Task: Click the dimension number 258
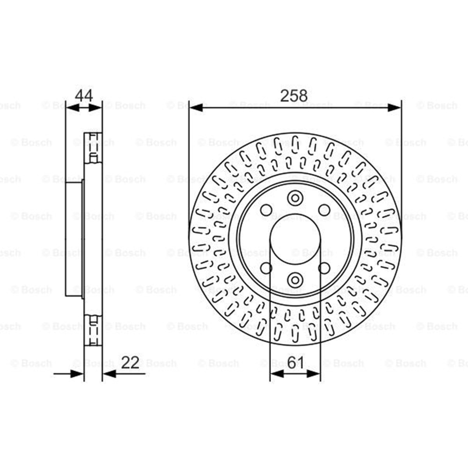click(294, 96)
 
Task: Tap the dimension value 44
click(84, 95)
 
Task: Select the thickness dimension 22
click(131, 363)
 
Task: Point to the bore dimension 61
click(295, 363)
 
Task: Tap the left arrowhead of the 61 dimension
click(277, 373)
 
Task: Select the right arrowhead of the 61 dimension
click(314, 373)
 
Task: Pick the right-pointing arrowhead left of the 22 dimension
click(77, 373)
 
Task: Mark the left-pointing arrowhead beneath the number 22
click(109, 373)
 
